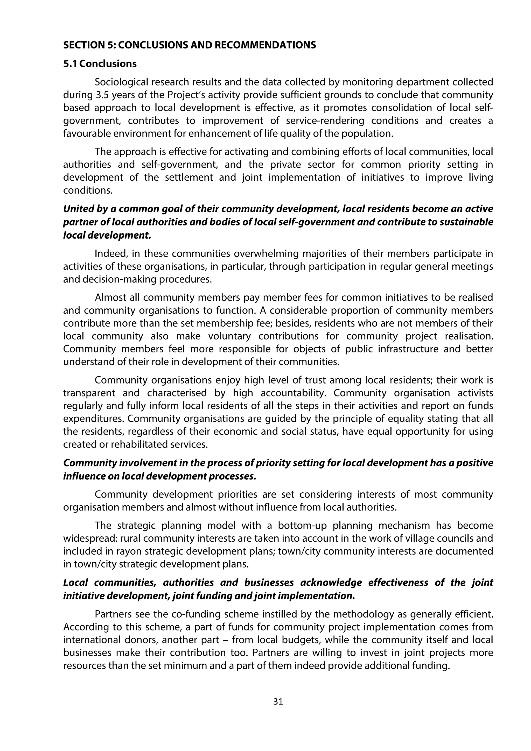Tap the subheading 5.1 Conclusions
(100, 63)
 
